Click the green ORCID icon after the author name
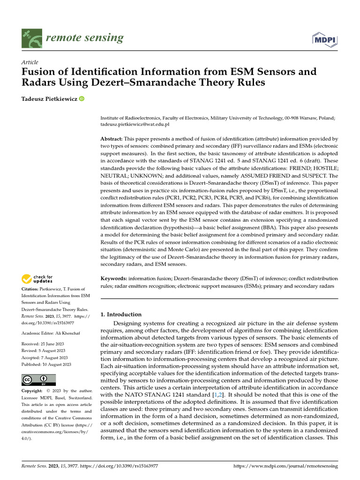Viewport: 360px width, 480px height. (x=82, y=98)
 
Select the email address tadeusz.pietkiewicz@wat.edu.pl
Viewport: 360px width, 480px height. (x=135, y=125)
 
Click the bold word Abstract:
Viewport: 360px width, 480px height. (x=112, y=139)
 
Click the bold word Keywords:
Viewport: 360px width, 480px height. (x=114, y=278)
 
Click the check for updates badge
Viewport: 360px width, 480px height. (x=38, y=279)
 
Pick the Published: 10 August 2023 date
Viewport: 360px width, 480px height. (x=46, y=364)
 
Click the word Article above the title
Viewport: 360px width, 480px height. (x=30, y=62)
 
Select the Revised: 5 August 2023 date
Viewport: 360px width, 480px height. (x=45, y=351)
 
